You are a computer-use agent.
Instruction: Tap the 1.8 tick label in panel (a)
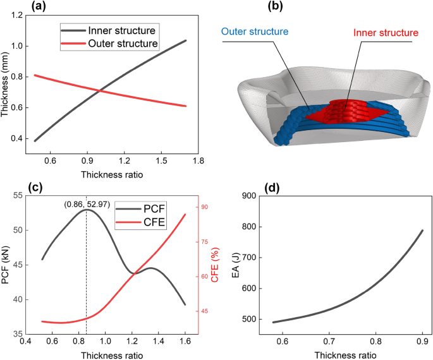[x=198, y=161]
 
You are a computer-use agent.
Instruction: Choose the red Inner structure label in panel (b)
[x=386, y=32]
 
